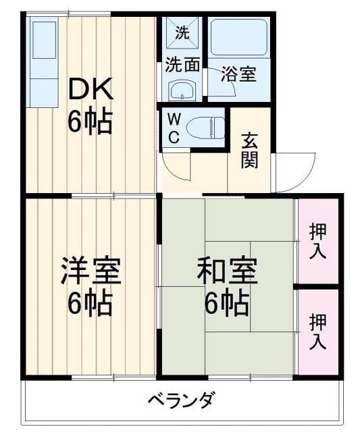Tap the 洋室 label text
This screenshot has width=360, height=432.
91,271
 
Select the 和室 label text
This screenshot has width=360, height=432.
227,271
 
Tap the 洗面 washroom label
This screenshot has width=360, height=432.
182,65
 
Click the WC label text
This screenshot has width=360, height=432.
174,128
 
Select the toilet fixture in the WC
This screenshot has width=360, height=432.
205,127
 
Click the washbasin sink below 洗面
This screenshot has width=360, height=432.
181,89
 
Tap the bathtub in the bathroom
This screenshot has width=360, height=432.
239,38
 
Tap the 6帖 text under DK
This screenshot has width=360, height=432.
89,122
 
